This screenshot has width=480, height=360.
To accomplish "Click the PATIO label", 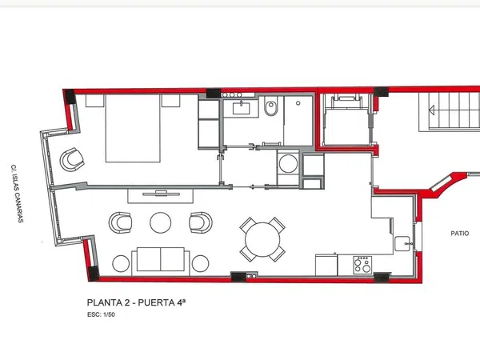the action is coord(460,234).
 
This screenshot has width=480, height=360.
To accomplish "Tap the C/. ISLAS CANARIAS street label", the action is coord(18,194).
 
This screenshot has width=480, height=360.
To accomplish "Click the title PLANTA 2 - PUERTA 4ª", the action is coord(136,302).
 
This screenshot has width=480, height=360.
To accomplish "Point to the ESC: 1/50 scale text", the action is coord(101,314).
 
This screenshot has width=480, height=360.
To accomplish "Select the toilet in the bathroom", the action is coord(271,106).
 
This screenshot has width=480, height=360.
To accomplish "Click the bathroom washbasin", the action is coord(242,108).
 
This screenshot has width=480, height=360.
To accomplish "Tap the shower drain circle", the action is coord(298,103).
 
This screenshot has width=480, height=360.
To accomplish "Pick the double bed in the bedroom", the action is coord(133,128).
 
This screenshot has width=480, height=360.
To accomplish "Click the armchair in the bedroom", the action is coord(72,159).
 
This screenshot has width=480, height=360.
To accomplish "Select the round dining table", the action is coord(262,240).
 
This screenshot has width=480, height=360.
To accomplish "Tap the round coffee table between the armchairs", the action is coord(161,223).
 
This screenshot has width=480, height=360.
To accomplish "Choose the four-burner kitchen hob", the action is coord(362,265).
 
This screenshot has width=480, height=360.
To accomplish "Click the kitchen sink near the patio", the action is coord(402,244).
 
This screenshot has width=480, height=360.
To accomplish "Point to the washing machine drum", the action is coord(288,164).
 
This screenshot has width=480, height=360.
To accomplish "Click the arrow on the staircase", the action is coord(432,110).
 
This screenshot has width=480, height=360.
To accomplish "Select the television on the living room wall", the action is coord(162,194).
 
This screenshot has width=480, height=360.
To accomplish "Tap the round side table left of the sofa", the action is coord(121,263).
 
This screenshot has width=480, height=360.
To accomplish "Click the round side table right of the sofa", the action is coord(201,263).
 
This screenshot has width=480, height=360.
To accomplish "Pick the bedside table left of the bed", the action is coord(95,101).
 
